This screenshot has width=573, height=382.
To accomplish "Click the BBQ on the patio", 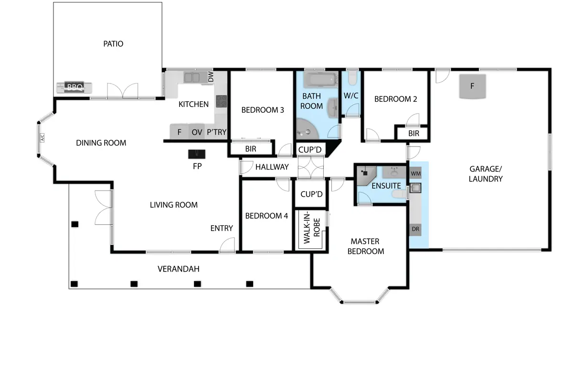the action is coord(74,87).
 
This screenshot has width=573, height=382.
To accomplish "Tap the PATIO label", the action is coord(113,44).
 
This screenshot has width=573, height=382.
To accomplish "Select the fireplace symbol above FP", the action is coord(197,154).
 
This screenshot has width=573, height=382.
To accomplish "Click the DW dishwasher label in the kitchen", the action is coord(211,76).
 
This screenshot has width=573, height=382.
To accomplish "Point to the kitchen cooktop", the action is coord(221,101).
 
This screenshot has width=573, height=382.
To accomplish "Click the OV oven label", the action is coord(197,132).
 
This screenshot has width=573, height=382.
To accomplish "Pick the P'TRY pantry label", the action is coord(217,132).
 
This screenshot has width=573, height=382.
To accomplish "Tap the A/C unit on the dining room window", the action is coord(42,138).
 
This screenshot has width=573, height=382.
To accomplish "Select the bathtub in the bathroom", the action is coord(321,80).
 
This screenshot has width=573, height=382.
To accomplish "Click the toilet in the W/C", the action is coord(352,78).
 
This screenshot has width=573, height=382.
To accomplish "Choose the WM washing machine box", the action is coord(416,173).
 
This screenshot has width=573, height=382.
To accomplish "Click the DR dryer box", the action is coord(415,229).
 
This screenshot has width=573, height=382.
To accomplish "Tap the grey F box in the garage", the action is coord(472,86).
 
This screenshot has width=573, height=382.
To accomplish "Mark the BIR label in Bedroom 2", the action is coord(414,133).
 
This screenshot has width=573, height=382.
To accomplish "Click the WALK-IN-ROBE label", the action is coord(311,227).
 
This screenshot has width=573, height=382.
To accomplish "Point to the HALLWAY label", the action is coord(272,167).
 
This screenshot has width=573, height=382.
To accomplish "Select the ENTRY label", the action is coord(222,228).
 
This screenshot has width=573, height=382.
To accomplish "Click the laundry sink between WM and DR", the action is coord(415,188).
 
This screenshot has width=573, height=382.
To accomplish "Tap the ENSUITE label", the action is coord(386,186).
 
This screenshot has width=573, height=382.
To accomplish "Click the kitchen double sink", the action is coord(192,77).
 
